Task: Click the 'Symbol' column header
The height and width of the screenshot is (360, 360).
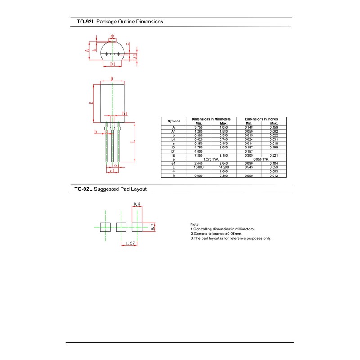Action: click(x=174, y=121)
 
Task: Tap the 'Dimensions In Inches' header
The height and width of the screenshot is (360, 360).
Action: click(x=261, y=119)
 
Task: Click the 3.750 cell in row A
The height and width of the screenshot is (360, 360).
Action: click(x=198, y=127)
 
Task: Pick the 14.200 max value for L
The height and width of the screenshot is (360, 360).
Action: click(x=224, y=167)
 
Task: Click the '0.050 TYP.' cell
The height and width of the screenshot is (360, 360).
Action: click(x=261, y=159)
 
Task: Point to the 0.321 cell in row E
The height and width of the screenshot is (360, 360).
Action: click(x=274, y=155)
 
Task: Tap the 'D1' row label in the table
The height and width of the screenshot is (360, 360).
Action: click(x=174, y=151)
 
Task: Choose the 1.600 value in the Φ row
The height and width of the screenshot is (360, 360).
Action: click(x=224, y=171)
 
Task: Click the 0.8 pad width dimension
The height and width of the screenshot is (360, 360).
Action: click(x=137, y=204)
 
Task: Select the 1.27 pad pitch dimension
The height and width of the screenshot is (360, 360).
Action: click(x=130, y=243)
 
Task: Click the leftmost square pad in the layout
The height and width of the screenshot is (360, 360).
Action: click(x=105, y=227)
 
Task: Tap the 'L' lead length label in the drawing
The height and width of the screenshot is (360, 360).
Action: click(x=132, y=141)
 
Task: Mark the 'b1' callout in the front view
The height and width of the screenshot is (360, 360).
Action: click(x=125, y=113)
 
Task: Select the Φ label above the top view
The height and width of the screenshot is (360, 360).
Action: click(x=112, y=36)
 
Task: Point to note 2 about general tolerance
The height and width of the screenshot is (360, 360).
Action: click(x=217, y=234)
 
